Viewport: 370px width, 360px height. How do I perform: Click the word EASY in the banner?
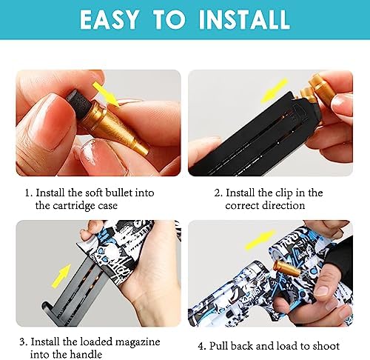pyautogui.click(x=109, y=19)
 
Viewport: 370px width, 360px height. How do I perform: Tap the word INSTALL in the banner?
pyautogui.click(x=243, y=20)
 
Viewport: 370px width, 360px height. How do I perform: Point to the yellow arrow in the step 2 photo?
pyautogui.click(x=275, y=90)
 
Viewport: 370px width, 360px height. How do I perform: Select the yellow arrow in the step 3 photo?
pyautogui.click(x=61, y=276)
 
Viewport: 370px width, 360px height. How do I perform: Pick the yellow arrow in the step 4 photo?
pyautogui.click(x=260, y=239)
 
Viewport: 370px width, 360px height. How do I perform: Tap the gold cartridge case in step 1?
pyautogui.click(x=116, y=128)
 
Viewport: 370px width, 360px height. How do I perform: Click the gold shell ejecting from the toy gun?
pyautogui.click(x=286, y=268)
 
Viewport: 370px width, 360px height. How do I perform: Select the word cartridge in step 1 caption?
pyautogui.click(x=74, y=206)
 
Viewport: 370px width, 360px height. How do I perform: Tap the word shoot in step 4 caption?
pyautogui.click(x=326, y=346)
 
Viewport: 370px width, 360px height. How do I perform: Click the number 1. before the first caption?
pyautogui.click(x=29, y=193)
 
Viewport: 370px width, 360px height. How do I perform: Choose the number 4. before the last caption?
pyautogui.click(x=202, y=346)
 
